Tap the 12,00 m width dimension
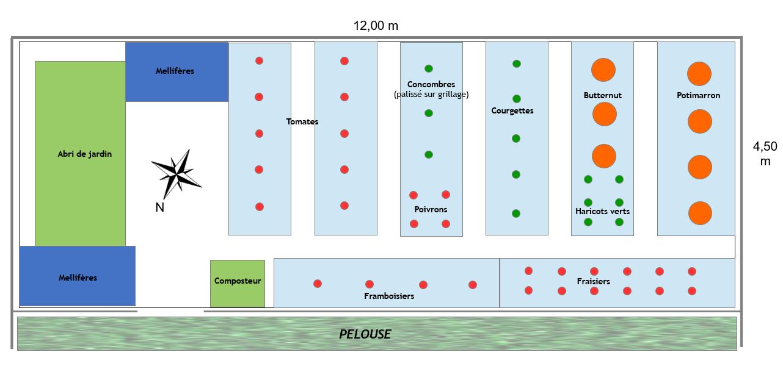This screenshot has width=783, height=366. coord(376,26)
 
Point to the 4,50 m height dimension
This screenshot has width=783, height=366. coord(765,154)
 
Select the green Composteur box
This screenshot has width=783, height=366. coord(238,283)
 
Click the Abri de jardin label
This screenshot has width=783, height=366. coord(85,154)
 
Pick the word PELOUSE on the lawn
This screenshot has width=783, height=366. coord(365,334)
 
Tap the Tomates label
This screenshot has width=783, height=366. coord(302,122)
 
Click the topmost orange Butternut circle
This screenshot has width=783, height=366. coord(603,70)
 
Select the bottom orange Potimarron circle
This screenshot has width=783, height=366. coord(700,213)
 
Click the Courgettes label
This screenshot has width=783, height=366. coord(512,111)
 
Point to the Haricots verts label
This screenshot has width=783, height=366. coord(602,212)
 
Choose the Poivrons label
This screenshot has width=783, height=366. coord(431,210)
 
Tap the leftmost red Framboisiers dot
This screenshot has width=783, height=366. coord(318,284)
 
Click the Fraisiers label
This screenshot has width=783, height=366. coord(593,282)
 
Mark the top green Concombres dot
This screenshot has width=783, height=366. coord(429,68)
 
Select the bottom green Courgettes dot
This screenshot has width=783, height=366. coord(516,213)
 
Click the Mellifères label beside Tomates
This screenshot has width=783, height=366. coord(175,71)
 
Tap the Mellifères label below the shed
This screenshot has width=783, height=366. coord(78,278)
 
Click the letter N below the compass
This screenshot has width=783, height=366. coord(159,207)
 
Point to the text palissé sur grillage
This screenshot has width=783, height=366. coord(431,95)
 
